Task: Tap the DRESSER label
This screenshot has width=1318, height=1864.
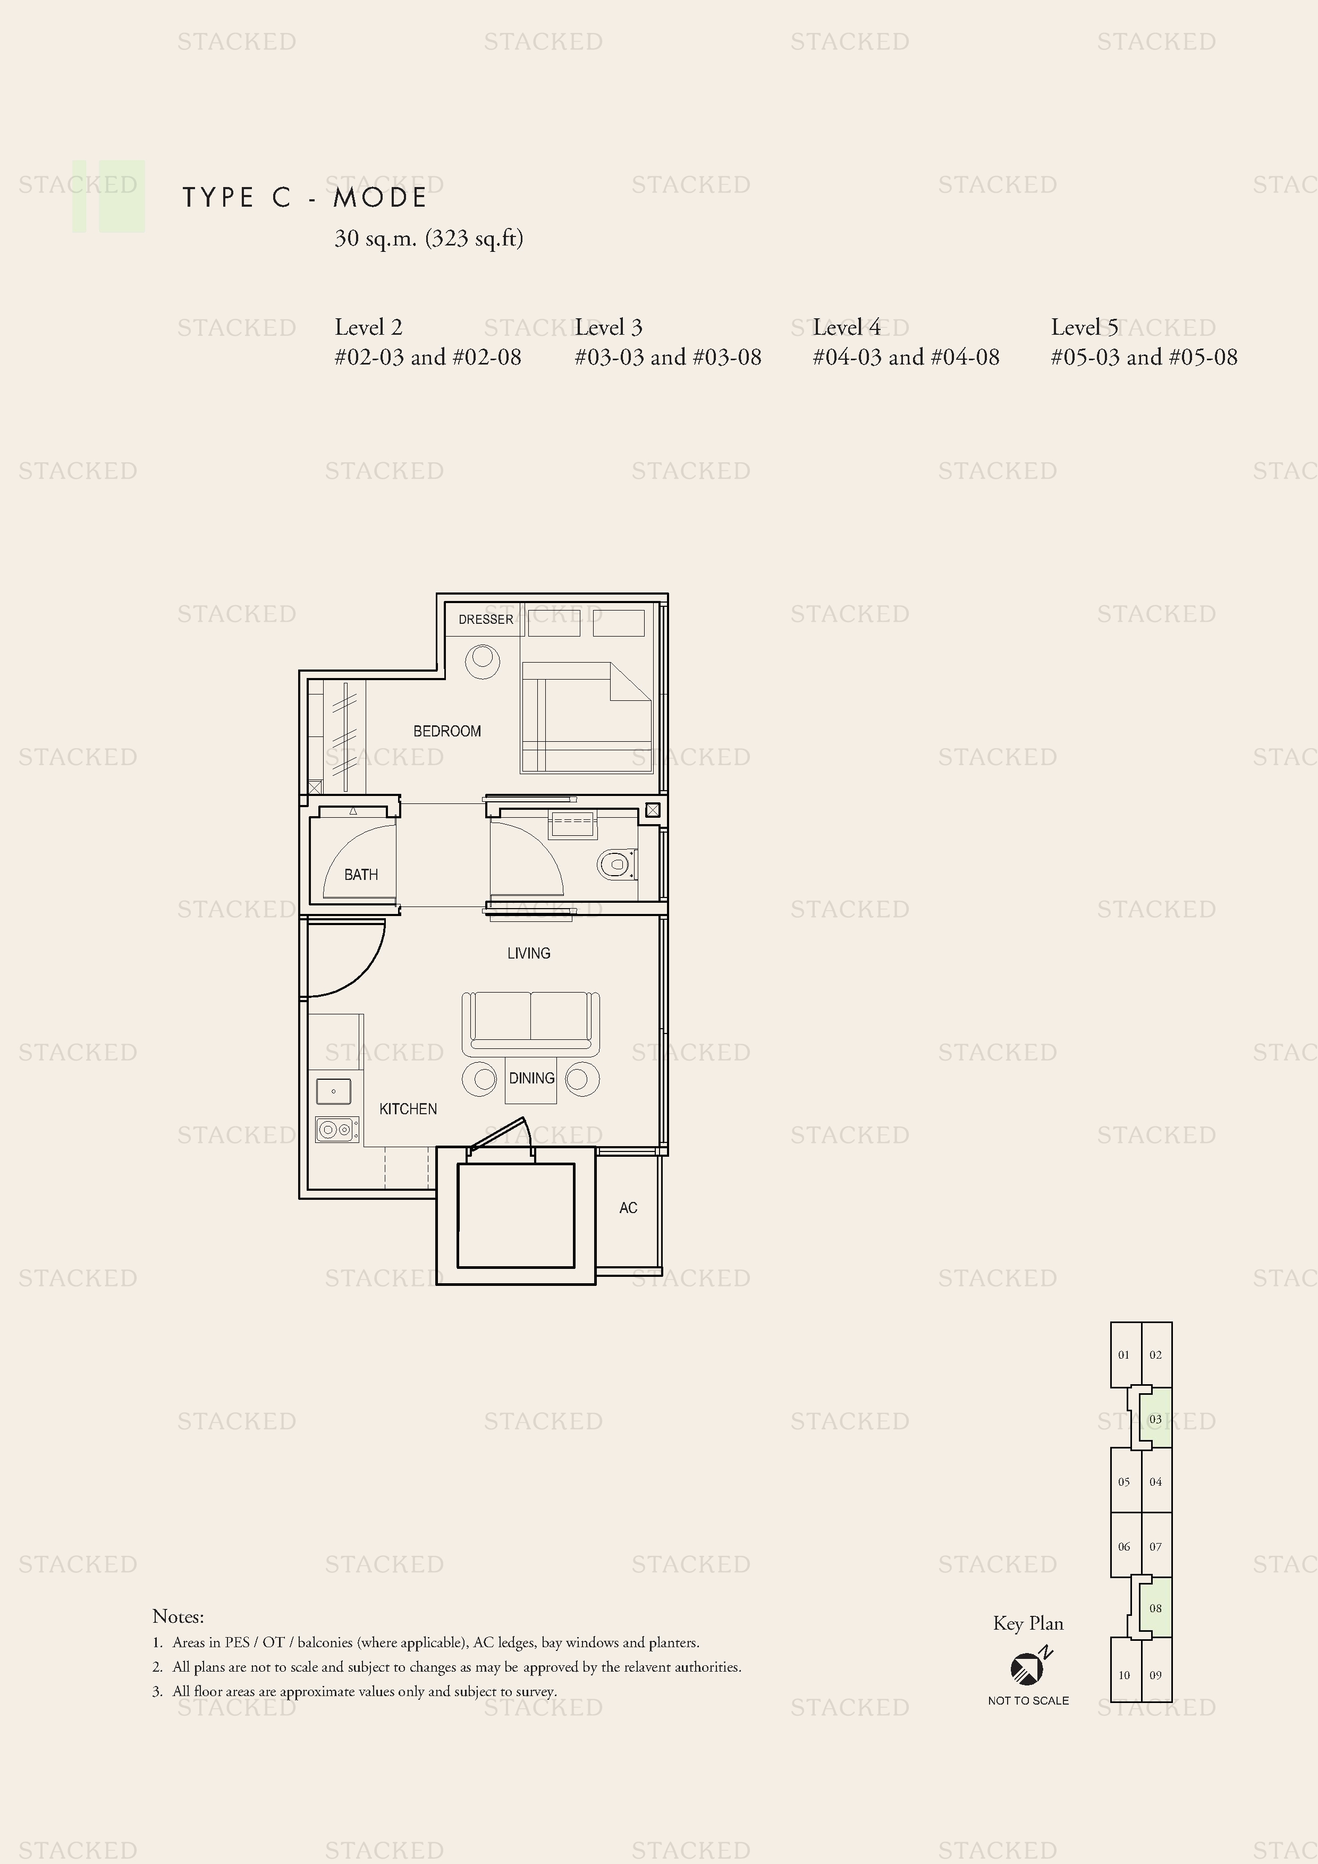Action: tap(486, 620)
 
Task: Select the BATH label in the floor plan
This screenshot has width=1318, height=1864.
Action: tap(360, 875)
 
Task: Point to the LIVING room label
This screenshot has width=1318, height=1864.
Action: tap(529, 953)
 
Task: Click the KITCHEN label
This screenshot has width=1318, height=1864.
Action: tap(408, 1109)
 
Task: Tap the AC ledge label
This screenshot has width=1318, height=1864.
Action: tap(628, 1208)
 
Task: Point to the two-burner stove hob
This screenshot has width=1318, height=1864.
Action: tap(337, 1129)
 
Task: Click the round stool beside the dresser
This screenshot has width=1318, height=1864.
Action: tap(483, 662)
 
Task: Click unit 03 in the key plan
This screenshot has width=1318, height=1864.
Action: tap(1155, 1419)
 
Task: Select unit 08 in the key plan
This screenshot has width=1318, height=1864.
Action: tap(1155, 1608)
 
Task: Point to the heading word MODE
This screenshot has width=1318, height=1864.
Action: tap(380, 197)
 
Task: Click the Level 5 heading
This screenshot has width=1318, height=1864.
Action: tap(1084, 327)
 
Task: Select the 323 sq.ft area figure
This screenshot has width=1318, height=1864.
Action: tap(474, 239)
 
